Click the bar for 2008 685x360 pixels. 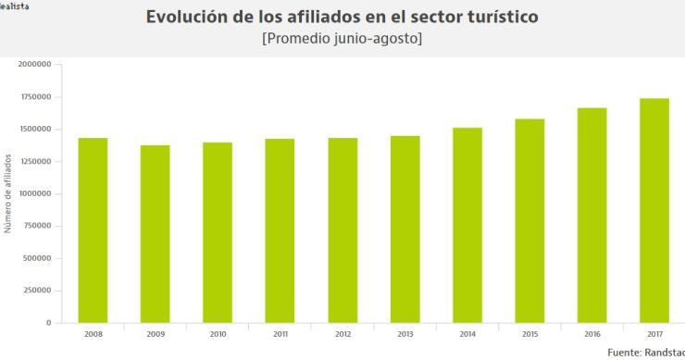93,230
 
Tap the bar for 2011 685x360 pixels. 280,230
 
